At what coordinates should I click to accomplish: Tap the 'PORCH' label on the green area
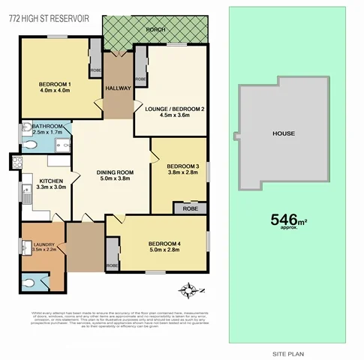pos(155,29)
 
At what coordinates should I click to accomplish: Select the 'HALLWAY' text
pos(118,88)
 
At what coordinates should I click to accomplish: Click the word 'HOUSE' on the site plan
pos(283,133)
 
